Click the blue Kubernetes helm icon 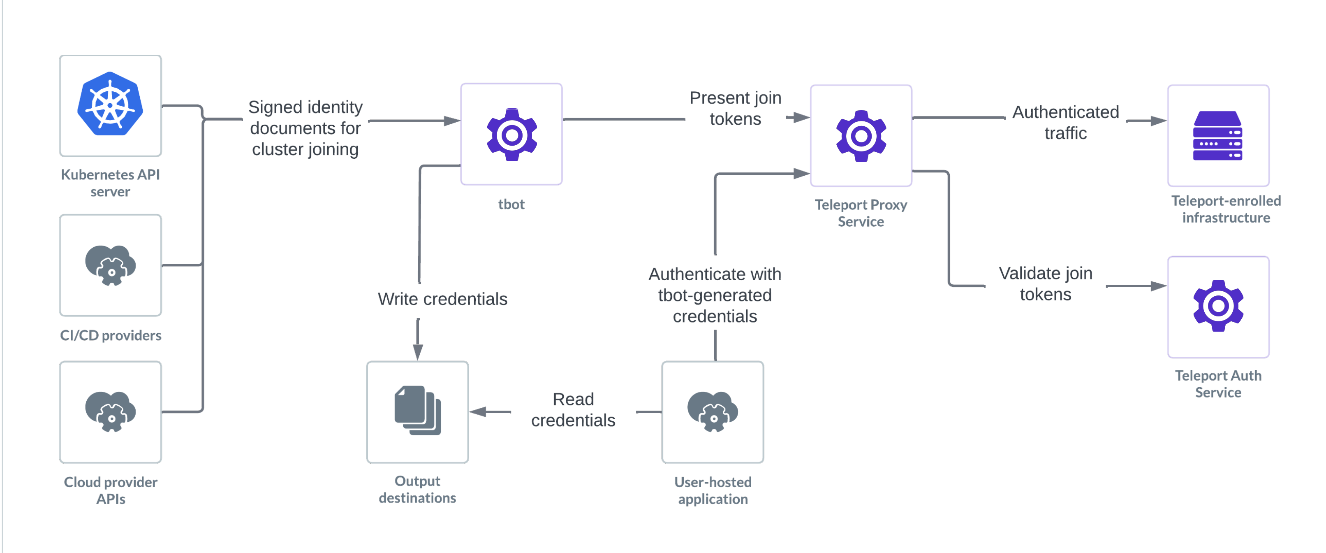pos(110,105)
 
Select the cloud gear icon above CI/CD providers pos(110,265)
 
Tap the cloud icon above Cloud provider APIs pos(110,411)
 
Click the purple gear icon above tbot pos(511,135)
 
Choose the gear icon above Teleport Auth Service pos(1218,306)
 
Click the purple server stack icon pos(1217,136)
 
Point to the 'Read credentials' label pos(573,410)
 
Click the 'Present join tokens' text pos(735,108)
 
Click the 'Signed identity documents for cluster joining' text pos(305,128)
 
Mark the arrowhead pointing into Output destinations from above pos(418,353)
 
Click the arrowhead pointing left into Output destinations pos(478,411)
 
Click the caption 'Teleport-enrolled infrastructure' pos(1226,209)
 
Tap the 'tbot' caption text pos(511,204)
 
